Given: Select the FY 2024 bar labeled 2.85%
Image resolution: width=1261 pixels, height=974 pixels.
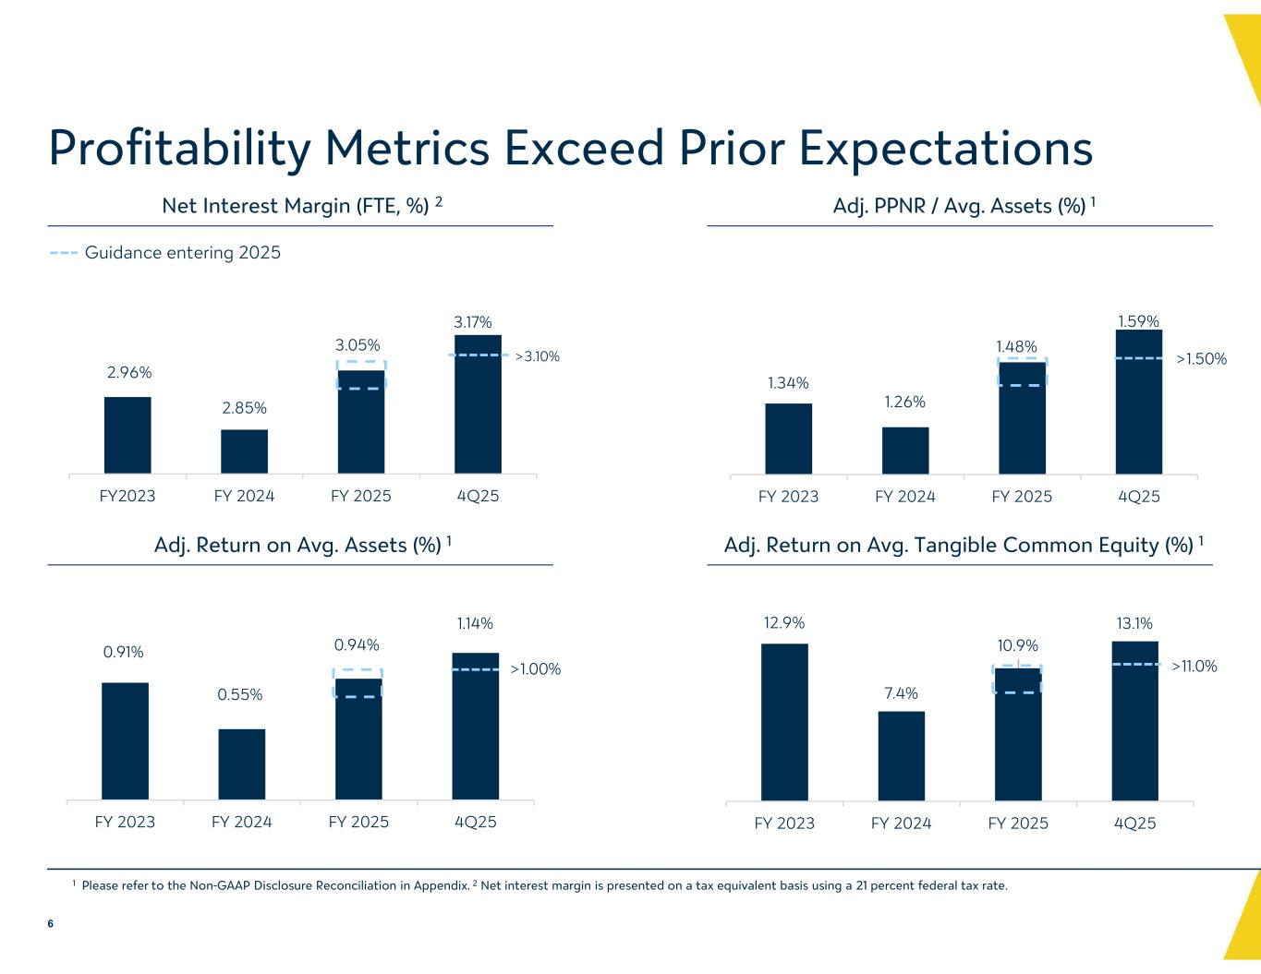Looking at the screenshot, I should [x=244, y=451].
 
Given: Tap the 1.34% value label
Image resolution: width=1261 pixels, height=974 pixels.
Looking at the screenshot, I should [x=788, y=382].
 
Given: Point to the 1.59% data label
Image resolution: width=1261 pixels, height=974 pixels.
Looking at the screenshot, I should [x=1138, y=321].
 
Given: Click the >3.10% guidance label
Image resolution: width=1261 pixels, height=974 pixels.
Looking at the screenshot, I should [x=537, y=356].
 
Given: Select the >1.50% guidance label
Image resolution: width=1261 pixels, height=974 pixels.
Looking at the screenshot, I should [x=1201, y=359].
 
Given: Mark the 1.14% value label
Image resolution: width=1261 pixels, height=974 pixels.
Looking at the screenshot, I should [x=475, y=624].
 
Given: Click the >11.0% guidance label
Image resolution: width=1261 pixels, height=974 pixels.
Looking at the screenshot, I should [x=1194, y=666].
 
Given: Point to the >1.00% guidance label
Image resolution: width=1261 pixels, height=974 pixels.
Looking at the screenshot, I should [x=535, y=669].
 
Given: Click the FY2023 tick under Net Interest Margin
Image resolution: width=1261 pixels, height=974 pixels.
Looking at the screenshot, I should [x=127, y=496].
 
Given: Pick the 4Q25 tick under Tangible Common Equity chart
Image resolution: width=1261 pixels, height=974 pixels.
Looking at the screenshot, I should [x=1134, y=823].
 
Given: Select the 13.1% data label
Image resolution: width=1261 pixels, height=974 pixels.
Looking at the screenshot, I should [x=1134, y=624].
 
